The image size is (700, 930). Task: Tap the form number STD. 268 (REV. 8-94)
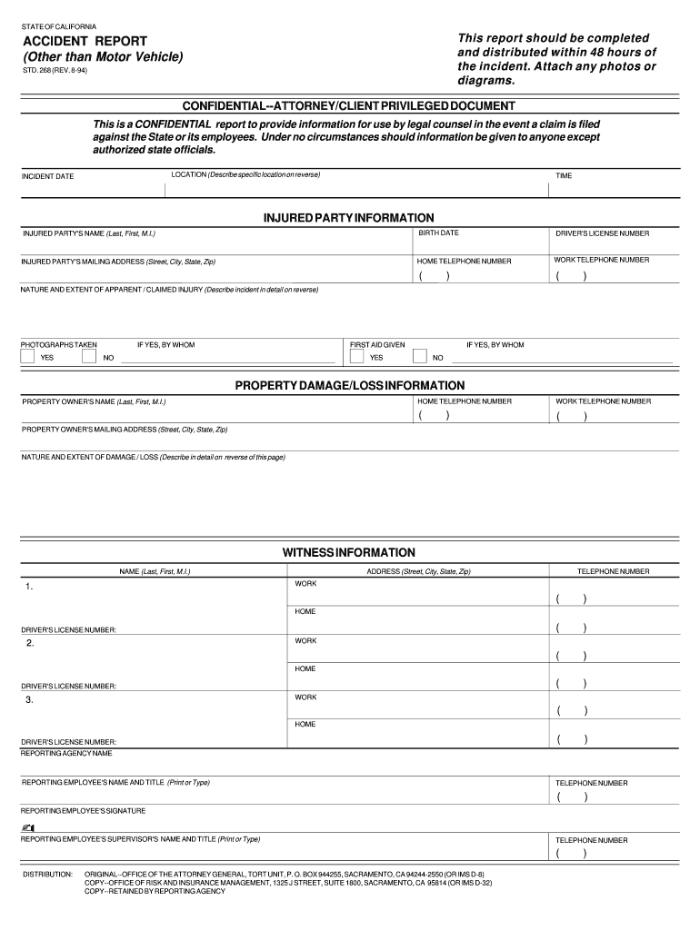click(55, 70)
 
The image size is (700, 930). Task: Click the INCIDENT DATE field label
click(48, 176)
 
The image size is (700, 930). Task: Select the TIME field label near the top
click(564, 175)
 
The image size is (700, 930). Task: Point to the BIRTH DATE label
click(438, 233)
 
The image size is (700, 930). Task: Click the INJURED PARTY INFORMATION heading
click(349, 218)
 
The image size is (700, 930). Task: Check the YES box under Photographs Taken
click(27, 357)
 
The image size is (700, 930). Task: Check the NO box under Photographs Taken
click(89, 357)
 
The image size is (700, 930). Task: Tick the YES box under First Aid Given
click(357, 357)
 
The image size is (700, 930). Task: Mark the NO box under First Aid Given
click(419, 357)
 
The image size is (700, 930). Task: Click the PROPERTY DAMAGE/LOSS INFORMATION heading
click(350, 385)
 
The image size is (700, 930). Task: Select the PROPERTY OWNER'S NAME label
click(94, 401)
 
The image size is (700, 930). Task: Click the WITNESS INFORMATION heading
click(349, 552)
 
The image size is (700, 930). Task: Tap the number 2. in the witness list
click(30, 643)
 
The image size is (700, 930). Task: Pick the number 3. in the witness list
click(30, 699)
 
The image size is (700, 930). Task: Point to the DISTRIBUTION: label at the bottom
click(47, 873)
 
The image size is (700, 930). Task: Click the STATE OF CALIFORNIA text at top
click(58, 25)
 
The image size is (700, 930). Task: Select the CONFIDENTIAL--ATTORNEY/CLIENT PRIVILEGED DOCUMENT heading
click(349, 106)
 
